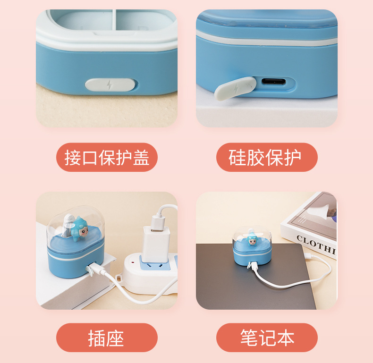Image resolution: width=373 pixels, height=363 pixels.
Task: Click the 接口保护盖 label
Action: point(107,157)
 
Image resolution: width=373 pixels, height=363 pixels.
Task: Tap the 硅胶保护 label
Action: point(267,157)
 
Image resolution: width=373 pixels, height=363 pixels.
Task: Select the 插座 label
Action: point(107,338)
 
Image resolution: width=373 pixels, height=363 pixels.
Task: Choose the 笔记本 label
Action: point(267,338)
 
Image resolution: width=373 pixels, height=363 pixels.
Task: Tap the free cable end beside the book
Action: point(309,255)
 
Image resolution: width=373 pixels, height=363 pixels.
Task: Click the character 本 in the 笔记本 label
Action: point(286,338)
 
